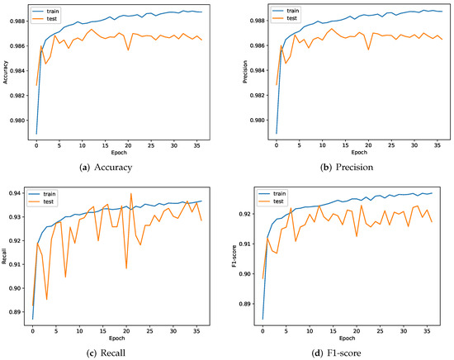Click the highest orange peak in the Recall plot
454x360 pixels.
pos(131,193)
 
